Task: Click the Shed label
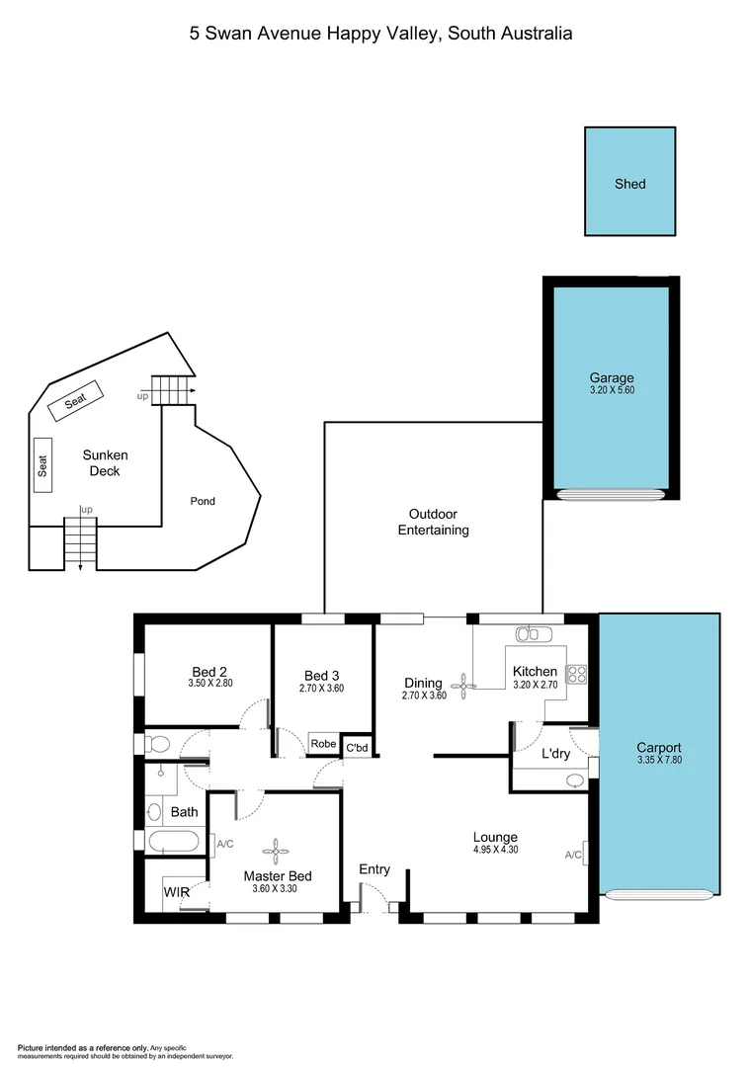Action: click(629, 184)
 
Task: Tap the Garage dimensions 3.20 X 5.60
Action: click(612, 391)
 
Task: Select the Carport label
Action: click(659, 748)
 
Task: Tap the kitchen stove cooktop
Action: click(576, 677)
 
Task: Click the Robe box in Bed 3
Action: click(323, 744)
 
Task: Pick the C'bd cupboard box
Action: click(357, 748)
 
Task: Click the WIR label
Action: click(176, 892)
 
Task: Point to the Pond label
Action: click(203, 501)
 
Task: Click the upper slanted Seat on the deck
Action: click(76, 401)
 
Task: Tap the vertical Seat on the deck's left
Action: click(43, 465)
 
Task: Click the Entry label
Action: click(375, 869)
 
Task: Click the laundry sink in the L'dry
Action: click(576, 780)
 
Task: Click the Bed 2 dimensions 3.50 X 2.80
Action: click(208, 683)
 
